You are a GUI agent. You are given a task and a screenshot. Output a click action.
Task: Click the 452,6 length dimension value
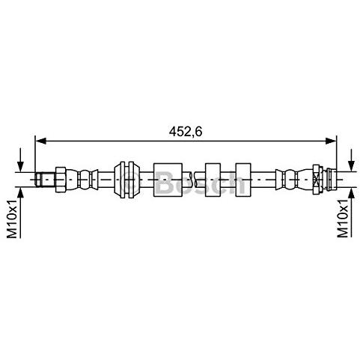tap(186, 132)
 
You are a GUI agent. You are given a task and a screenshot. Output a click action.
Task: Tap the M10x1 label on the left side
tap(12, 219)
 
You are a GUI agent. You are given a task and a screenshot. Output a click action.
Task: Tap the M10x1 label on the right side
tap(343, 218)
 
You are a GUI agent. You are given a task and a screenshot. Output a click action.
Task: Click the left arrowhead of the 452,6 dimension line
tap(41, 141)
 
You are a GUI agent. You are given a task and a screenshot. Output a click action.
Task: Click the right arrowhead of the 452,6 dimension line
tap(331, 141)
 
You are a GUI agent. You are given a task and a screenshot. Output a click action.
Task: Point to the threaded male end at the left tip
tap(45, 180)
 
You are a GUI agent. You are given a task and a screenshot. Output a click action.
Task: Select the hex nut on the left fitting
tap(61, 180)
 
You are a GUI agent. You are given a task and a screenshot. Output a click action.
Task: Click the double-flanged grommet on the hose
tap(127, 180)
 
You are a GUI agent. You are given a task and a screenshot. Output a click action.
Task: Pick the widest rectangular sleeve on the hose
tap(168, 180)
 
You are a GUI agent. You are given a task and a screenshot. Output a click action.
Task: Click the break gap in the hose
tap(193, 180)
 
